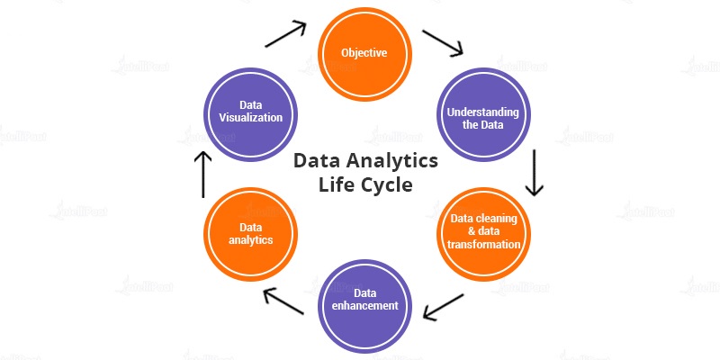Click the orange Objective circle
[364, 54]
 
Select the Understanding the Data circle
[483, 115]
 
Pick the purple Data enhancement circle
[364, 306]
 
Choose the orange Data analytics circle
[250, 234]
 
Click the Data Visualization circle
[250, 115]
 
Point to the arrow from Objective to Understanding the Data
[443, 43]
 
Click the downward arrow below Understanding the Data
[535, 173]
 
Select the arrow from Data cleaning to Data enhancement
[443, 307]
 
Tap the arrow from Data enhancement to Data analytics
[283, 301]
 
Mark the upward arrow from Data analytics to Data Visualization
[203, 175]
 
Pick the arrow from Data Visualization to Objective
[285, 33]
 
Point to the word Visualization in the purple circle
[251, 117]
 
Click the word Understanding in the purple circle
[483, 112]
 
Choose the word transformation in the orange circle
[483, 244]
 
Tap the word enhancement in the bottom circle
[365, 305]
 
